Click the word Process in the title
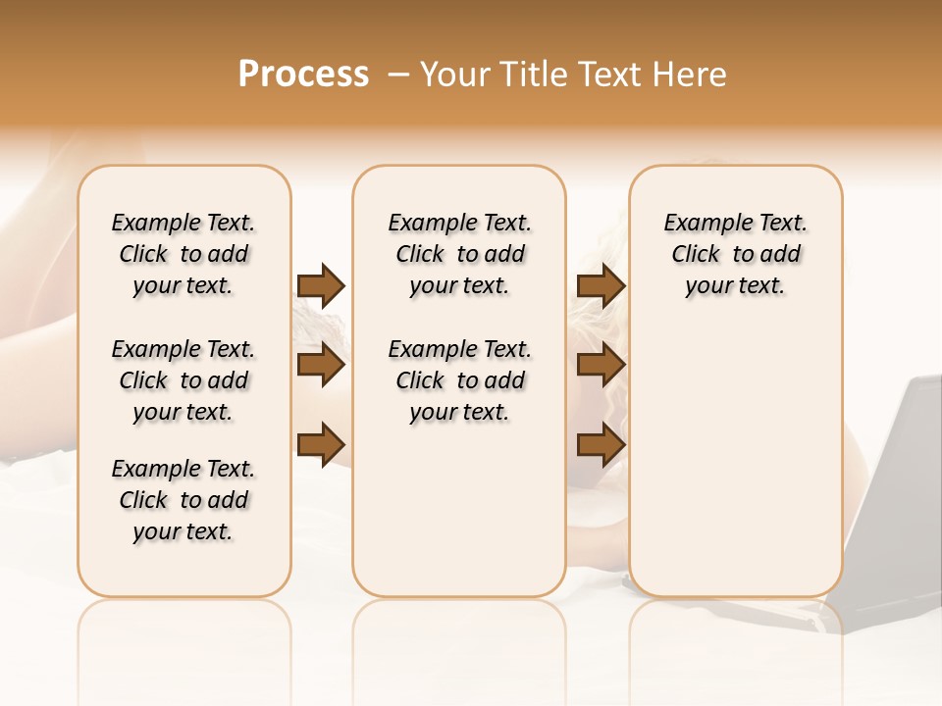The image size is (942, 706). (x=303, y=75)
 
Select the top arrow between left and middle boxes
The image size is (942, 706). (x=321, y=285)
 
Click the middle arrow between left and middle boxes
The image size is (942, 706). (x=321, y=365)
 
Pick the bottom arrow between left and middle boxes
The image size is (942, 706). (x=321, y=444)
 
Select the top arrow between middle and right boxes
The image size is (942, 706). (x=601, y=285)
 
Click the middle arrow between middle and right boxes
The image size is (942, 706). (x=601, y=365)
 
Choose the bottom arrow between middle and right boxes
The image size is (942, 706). (x=601, y=444)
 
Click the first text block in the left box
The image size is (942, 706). (x=183, y=254)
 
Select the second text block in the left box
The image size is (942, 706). (x=183, y=380)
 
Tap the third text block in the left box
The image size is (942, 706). (x=183, y=500)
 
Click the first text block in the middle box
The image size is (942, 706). (x=459, y=254)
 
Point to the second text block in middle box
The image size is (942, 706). (x=459, y=380)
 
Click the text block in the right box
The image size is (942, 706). (x=735, y=254)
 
